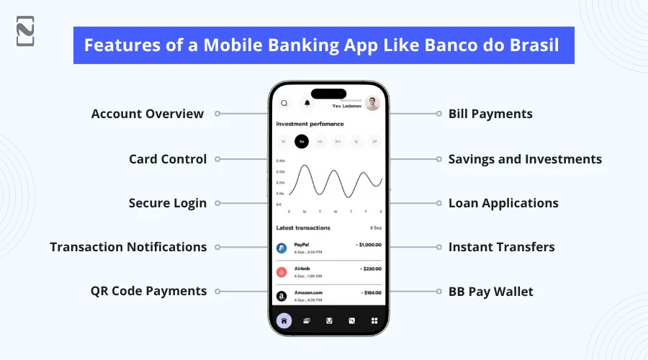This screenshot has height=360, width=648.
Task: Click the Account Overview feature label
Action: pyautogui.click(x=147, y=114)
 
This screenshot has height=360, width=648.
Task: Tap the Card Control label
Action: pyautogui.click(x=168, y=159)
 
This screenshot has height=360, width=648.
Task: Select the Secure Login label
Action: pyautogui.click(x=168, y=203)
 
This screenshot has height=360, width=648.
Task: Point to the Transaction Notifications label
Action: pyautogui.click(x=128, y=247)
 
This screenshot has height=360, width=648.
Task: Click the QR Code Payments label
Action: pyautogui.click(x=148, y=291)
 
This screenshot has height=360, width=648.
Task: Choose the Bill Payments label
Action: pyautogui.click(x=490, y=114)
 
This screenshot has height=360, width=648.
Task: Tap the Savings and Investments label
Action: pyautogui.click(x=525, y=159)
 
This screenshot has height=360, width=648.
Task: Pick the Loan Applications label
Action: pyautogui.click(x=503, y=203)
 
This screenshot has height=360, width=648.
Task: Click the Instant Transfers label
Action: pyautogui.click(x=501, y=247)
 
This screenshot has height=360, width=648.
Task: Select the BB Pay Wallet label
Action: pyautogui.click(x=491, y=291)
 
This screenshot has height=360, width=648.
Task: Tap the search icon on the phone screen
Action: pyautogui.click(x=284, y=103)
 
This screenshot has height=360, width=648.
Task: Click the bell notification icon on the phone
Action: pyautogui.click(x=307, y=103)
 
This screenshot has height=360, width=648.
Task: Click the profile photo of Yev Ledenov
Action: pyautogui.click(x=372, y=104)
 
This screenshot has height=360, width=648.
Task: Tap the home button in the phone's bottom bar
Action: pyautogui.click(x=284, y=320)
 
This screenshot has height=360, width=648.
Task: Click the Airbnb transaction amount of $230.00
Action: pyautogui.click(x=370, y=269)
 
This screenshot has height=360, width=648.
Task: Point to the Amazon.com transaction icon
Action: pyautogui.click(x=282, y=296)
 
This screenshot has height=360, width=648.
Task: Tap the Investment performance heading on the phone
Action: pyautogui.click(x=310, y=124)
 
